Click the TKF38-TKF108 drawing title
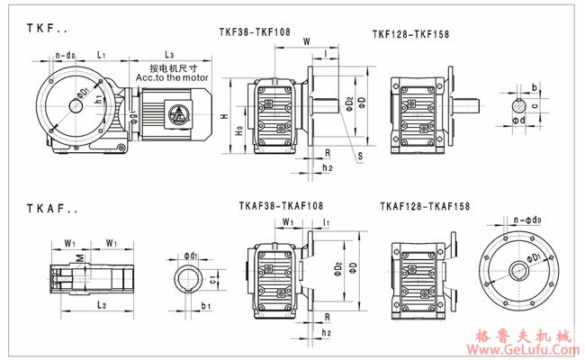256,31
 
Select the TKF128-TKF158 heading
410,34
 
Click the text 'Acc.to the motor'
170,77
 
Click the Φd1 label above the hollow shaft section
189,254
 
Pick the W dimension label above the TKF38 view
307,40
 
